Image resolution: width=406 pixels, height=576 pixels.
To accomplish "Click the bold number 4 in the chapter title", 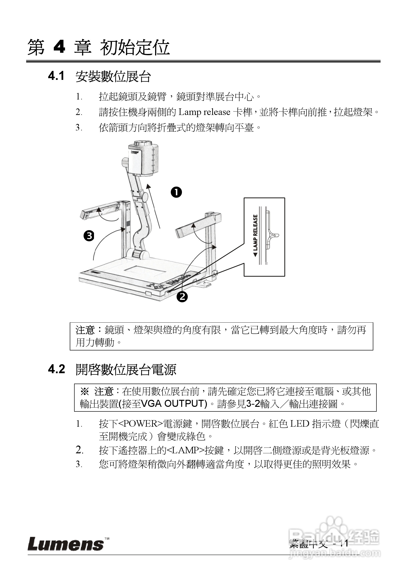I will (60, 47).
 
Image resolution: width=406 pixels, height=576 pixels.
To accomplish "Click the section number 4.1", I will (56, 76).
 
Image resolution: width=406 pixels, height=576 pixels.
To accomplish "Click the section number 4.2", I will (56, 369).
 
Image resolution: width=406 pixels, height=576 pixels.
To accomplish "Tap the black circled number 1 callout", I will (176, 192).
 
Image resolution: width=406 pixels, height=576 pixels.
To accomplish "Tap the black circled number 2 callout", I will (182, 297).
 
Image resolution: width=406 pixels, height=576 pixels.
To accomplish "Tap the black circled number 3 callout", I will (89, 236).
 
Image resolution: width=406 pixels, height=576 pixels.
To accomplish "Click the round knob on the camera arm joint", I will (145, 197).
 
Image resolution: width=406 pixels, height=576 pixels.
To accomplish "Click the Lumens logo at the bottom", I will (66, 544).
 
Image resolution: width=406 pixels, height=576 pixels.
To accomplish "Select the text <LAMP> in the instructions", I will (185, 451).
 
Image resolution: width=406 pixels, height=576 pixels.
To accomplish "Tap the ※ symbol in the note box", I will (85, 391).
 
